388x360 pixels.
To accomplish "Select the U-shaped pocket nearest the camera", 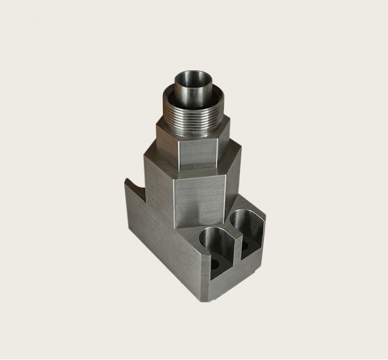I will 216,246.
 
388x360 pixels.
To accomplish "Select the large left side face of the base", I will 161,244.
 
